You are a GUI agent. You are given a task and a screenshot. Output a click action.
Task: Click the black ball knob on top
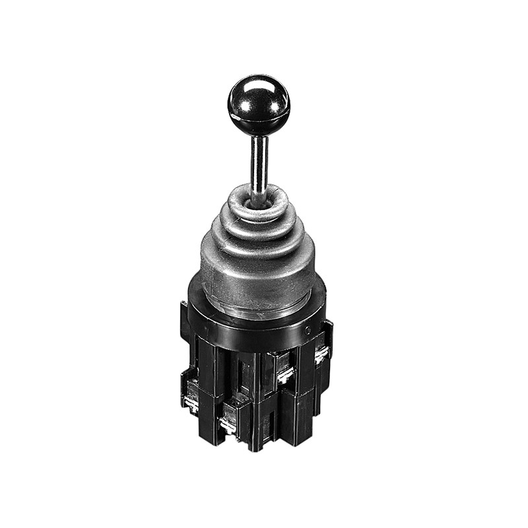[259, 106]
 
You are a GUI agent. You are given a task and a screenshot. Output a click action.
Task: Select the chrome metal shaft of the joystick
[259, 162]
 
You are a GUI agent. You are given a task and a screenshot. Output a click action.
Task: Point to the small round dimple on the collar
[308, 328]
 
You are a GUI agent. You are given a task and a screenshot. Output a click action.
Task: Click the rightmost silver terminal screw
[321, 356]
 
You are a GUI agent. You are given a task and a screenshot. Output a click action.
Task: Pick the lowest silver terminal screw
[228, 426]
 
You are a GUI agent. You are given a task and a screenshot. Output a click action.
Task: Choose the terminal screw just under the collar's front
[285, 376]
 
